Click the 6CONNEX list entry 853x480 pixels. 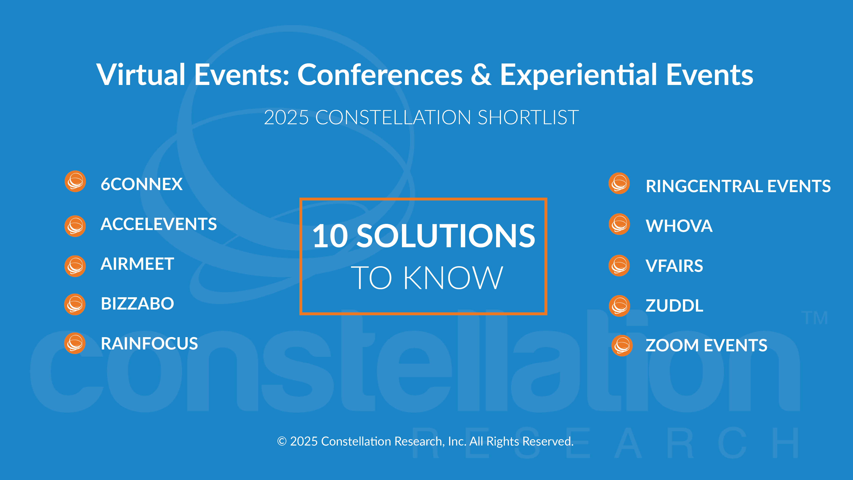[141, 184]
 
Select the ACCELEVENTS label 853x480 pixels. [159, 224]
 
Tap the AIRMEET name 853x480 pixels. [137, 264]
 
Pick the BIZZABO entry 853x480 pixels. [137, 303]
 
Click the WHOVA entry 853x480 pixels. [679, 226]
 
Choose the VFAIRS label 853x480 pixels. [674, 266]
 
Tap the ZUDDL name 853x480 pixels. [674, 305]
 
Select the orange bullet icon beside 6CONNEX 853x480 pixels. [75, 182]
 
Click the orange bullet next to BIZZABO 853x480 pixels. [75, 304]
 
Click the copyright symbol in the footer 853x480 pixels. [282, 441]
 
